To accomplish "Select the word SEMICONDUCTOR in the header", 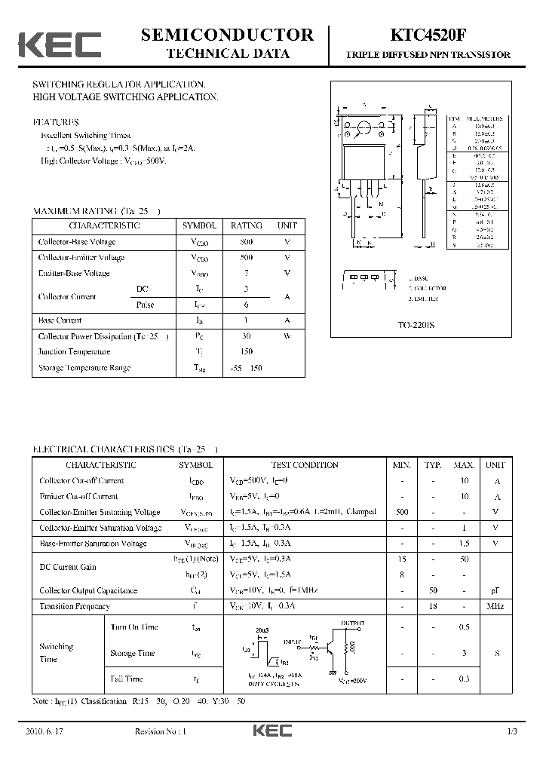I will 227,35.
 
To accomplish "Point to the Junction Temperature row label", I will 74,352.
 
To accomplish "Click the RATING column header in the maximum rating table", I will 246,225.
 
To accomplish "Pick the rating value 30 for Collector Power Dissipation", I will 246,336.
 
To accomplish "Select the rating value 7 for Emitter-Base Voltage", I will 246,273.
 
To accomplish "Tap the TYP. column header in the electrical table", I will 432,465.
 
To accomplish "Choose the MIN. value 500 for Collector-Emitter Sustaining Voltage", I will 401,512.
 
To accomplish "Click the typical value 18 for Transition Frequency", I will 432,606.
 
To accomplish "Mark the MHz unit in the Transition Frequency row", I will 495,606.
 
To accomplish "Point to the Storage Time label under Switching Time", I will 133,653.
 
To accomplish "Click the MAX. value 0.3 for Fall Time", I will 464,679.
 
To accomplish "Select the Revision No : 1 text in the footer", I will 160,732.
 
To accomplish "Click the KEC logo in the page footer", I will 271,732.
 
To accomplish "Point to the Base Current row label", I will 60,320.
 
